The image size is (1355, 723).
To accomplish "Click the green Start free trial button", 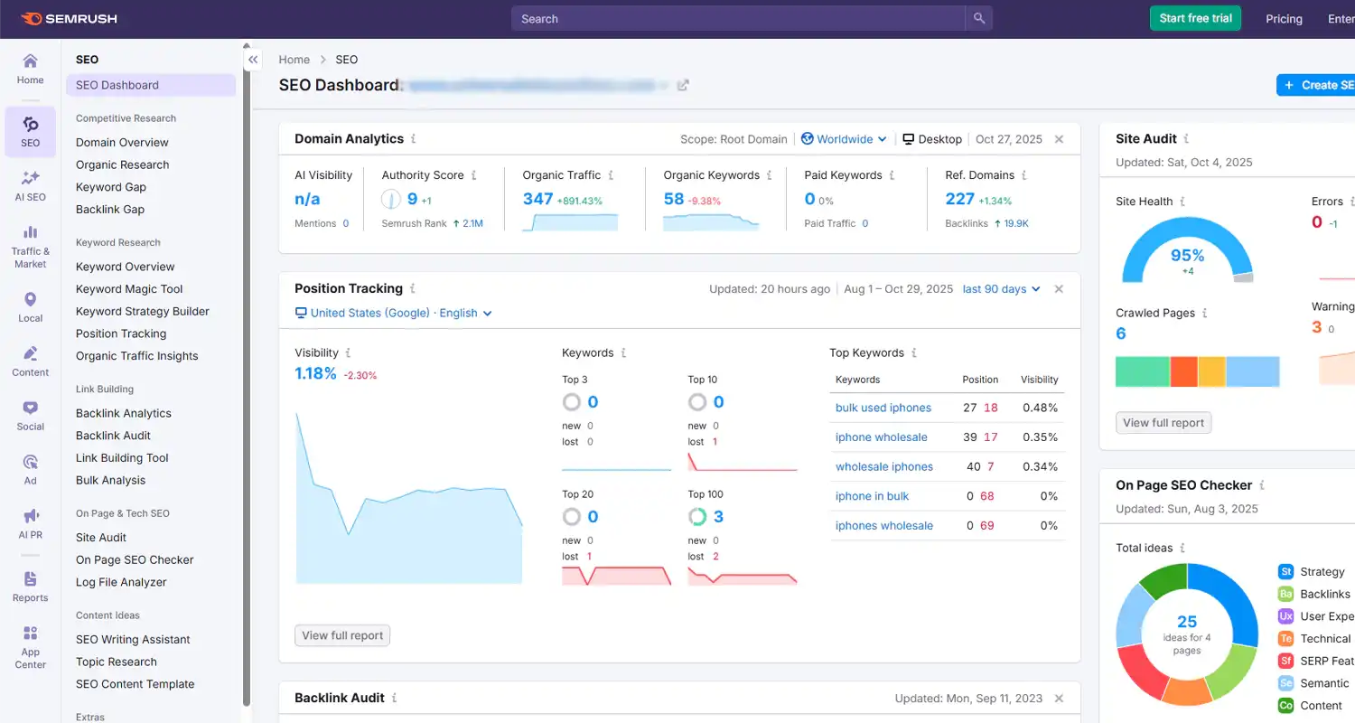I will [x=1195, y=18].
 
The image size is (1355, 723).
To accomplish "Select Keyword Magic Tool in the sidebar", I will [x=129, y=289].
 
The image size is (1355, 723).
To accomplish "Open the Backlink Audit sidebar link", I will [x=113, y=436].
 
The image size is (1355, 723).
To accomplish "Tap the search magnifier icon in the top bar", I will [x=978, y=18].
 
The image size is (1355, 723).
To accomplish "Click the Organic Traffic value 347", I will [x=537, y=199].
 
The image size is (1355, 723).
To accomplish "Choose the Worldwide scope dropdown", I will [x=844, y=139].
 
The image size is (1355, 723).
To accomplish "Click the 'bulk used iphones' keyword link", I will [x=883, y=408].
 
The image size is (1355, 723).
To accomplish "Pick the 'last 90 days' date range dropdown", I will [x=1001, y=289].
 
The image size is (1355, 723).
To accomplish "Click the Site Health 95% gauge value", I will [x=1187, y=256].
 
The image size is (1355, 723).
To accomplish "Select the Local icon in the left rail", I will [x=30, y=307].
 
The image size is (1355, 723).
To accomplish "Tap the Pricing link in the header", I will [x=1284, y=19].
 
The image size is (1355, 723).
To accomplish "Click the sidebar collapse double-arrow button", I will [x=253, y=60].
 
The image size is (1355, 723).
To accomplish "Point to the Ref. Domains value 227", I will [x=959, y=199].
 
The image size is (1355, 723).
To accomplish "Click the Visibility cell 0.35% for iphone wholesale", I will [x=1040, y=437].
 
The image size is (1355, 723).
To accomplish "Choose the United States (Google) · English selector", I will [x=394, y=313].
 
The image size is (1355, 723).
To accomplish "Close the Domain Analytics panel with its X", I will [x=1059, y=139].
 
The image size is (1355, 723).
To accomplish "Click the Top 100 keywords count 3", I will [x=718, y=517].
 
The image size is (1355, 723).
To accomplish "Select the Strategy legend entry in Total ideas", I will [x=1322, y=572].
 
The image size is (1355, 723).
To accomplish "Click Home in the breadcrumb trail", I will [x=294, y=60].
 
